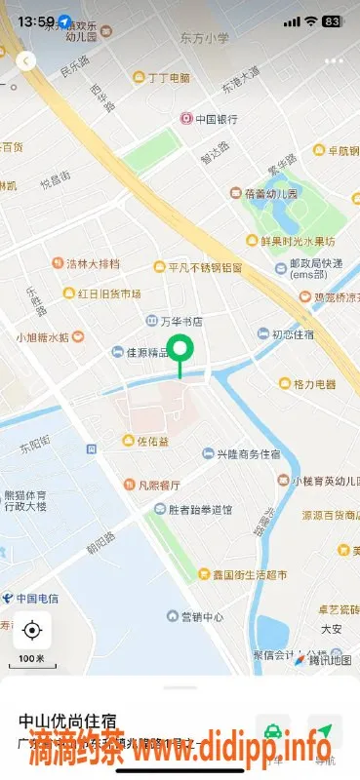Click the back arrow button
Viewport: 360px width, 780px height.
26,60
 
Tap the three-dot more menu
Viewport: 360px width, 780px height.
335,60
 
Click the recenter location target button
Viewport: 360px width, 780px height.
32,631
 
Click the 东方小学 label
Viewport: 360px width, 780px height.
204,38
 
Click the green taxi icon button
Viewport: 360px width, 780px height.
274,730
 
